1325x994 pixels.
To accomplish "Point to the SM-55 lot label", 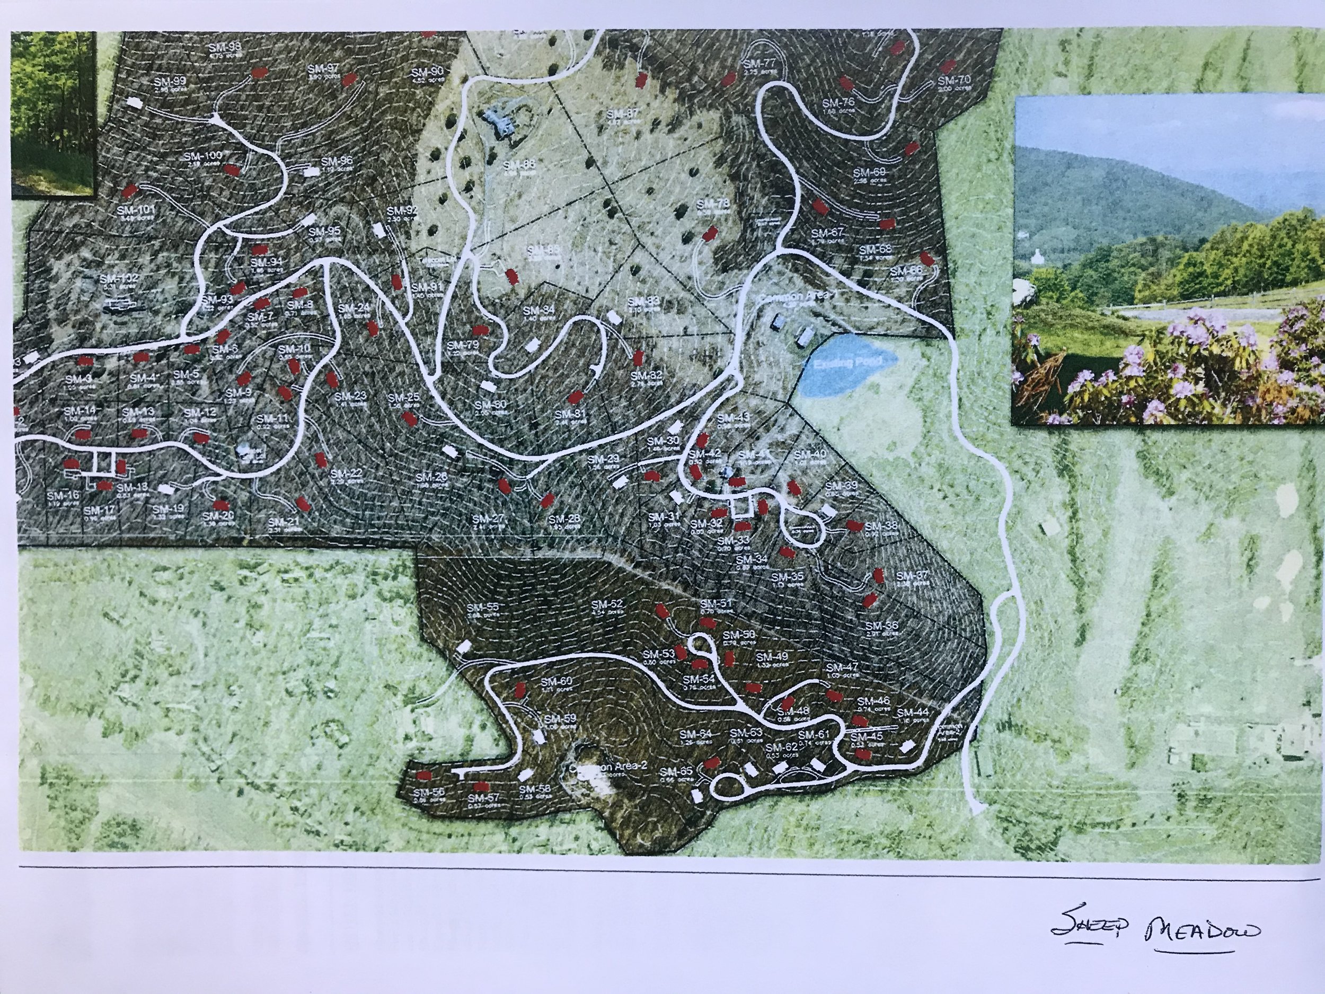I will pyautogui.click(x=482, y=607).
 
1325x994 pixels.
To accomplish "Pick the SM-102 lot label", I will pyautogui.click(x=119, y=279).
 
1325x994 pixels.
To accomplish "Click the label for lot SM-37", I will pyautogui.click(x=912, y=576).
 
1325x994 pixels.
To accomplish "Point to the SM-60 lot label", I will pyautogui.click(x=556, y=681).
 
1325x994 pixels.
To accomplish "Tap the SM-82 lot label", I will pyautogui.click(x=646, y=376).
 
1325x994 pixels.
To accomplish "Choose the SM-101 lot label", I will pyautogui.click(x=137, y=210).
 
